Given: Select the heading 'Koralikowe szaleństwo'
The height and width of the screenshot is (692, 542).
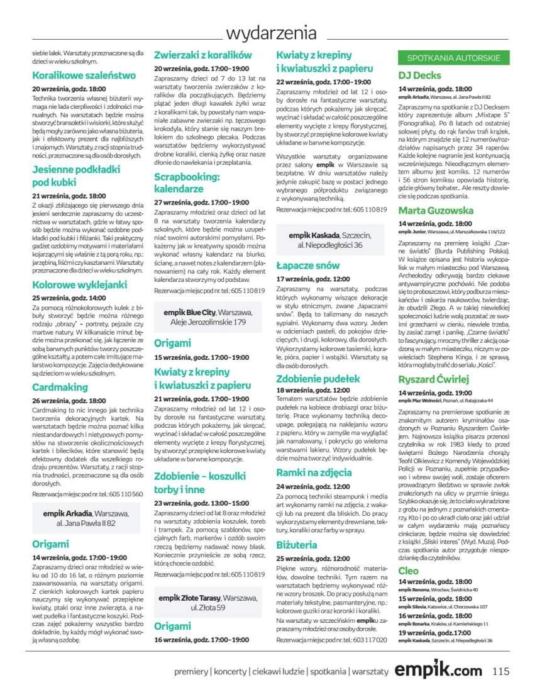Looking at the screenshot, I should pyautogui.click(x=84, y=75).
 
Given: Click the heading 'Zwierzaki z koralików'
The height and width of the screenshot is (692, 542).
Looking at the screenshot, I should pyautogui.click(x=203, y=55).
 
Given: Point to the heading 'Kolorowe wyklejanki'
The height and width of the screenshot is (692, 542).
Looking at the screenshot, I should pyautogui.click(x=79, y=284).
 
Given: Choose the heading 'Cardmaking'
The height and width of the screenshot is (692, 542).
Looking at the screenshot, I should pyautogui.click(x=60, y=387).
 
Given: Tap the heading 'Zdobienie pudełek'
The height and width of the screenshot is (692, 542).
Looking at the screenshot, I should pyautogui.click(x=318, y=378).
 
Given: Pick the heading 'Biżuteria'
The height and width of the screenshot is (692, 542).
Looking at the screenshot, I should pyautogui.click(x=297, y=545).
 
